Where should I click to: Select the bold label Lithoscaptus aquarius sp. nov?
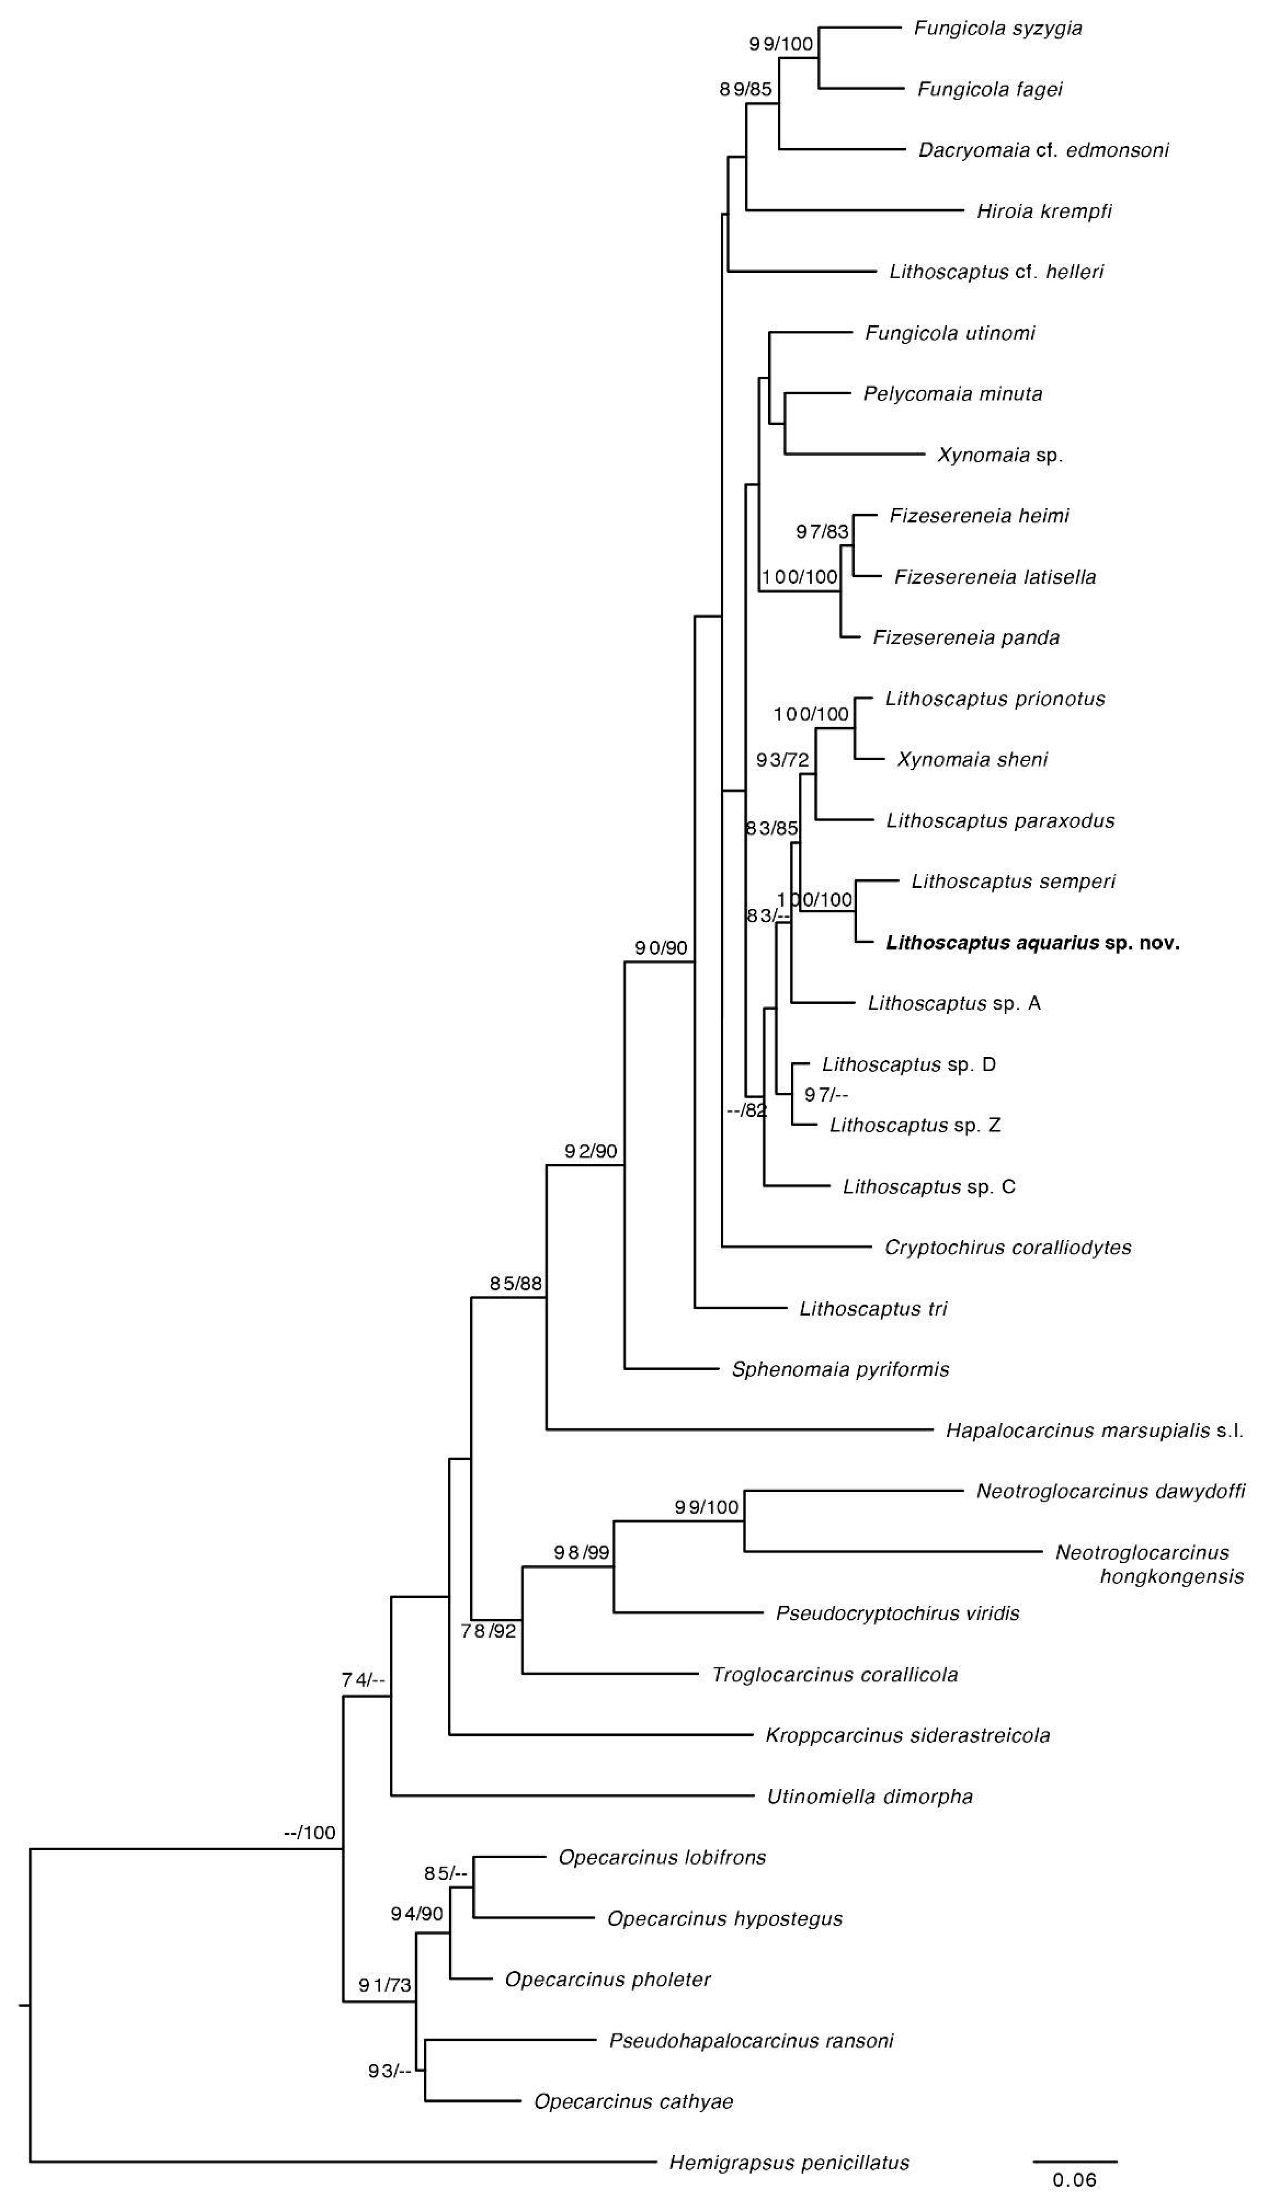[x=1032, y=942]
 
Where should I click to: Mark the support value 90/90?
[x=661, y=948]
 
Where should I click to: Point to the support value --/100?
[x=309, y=1832]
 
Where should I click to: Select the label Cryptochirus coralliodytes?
[x=1007, y=1248]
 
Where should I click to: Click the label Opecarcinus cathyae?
[x=633, y=2102]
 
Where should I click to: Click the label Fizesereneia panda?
[x=966, y=638]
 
